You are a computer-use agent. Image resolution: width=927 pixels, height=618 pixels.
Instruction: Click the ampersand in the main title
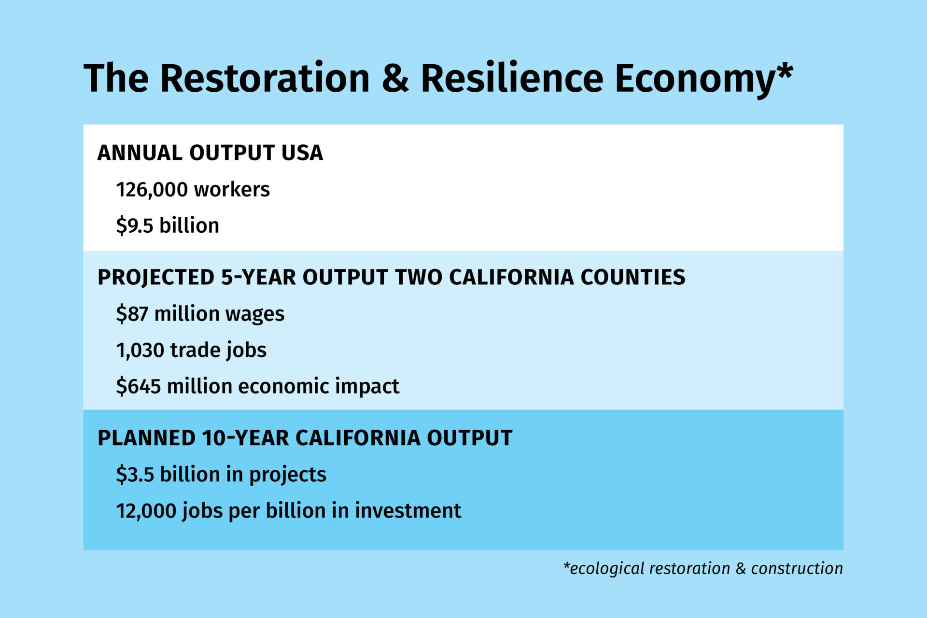pyautogui.click(x=395, y=78)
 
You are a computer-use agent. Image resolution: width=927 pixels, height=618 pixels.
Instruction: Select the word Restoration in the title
pyautogui.click(x=265, y=78)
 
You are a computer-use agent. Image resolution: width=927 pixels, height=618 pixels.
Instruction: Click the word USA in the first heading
pyautogui.click(x=302, y=153)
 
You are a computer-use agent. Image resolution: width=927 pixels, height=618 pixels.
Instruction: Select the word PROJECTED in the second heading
pyautogui.click(x=156, y=277)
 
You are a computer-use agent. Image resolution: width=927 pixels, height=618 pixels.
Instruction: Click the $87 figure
pyautogui.click(x=132, y=314)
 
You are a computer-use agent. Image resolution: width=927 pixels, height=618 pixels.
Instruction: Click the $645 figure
pyautogui.click(x=139, y=386)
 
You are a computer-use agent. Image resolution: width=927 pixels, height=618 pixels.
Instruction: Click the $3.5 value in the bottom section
pyautogui.click(x=135, y=475)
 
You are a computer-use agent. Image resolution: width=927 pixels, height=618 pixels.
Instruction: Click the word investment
pyautogui.click(x=408, y=511)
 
